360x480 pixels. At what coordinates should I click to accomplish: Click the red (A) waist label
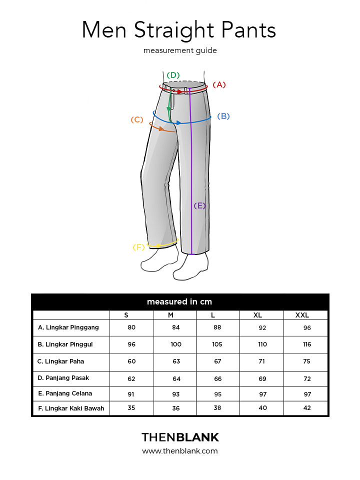tap(219, 85)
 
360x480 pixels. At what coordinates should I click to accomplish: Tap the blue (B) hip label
tap(223, 116)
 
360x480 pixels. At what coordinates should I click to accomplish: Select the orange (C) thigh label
tap(137, 120)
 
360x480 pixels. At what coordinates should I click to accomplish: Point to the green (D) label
tap(173, 75)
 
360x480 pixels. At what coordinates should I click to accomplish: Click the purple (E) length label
tap(199, 205)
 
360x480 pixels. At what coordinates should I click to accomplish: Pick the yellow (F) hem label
tap(138, 247)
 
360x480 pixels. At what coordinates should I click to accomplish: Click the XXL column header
tap(302, 315)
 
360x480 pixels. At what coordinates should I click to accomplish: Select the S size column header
tap(126, 315)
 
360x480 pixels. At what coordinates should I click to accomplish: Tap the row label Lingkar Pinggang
tap(68, 327)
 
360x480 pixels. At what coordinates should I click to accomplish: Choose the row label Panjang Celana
tap(65, 393)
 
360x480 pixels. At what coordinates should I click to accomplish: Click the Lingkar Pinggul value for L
tap(217, 344)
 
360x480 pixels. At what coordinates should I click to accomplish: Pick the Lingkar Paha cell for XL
tap(262, 361)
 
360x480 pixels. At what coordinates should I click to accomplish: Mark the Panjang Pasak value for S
tap(131, 378)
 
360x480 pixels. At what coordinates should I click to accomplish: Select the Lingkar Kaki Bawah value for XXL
tap(306, 408)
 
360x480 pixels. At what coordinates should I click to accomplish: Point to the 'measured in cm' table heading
tap(179, 302)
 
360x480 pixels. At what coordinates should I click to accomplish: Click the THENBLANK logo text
tap(180, 437)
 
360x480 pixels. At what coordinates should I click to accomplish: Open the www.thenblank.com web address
tap(180, 451)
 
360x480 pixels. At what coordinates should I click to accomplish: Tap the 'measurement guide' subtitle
tap(180, 50)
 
